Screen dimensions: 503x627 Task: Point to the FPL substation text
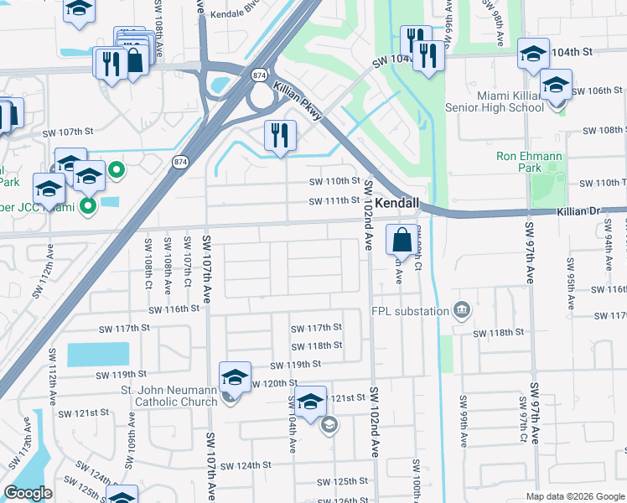pyautogui.click(x=408, y=312)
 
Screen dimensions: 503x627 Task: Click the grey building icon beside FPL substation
pyautogui.click(x=461, y=312)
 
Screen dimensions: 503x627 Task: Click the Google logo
pyautogui.click(x=28, y=493)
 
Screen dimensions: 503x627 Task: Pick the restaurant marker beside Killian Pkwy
pyautogui.click(x=279, y=135)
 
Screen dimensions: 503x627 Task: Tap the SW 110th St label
pyautogui.click(x=334, y=181)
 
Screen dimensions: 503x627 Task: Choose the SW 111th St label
pyautogui.click(x=334, y=200)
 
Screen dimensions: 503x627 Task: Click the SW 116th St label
pyautogui.click(x=174, y=309)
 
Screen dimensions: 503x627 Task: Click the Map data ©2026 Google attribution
pyautogui.click(x=574, y=496)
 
